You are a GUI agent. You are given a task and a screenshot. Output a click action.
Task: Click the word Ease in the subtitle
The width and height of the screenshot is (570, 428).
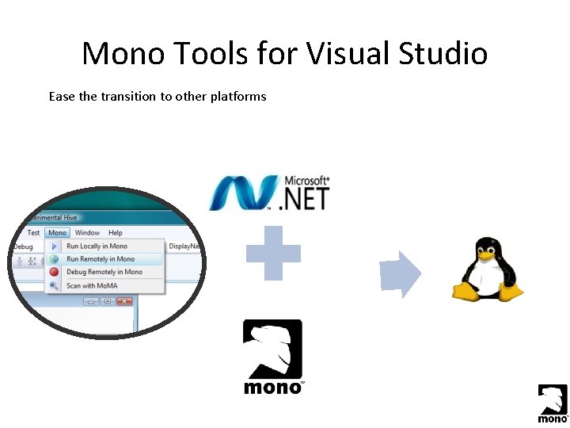(x=62, y=97)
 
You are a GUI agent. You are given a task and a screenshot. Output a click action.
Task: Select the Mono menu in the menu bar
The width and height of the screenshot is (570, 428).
(x=57, y=233)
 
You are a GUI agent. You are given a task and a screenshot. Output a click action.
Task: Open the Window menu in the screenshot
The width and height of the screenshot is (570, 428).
(x=87, y=233)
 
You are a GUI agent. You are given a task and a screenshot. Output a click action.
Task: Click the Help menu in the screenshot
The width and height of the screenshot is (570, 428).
(x=116, y=233)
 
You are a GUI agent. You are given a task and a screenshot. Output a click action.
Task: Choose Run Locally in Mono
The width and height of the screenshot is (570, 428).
(x=97, y=246)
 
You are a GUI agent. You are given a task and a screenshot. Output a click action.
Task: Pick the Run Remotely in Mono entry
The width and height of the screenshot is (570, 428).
(x=101, y=259)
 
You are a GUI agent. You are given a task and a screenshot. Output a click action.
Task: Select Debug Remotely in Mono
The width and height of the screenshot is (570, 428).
(x=104, y=272)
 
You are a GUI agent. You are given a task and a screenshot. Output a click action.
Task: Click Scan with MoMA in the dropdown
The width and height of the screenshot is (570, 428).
(x=92, y=285)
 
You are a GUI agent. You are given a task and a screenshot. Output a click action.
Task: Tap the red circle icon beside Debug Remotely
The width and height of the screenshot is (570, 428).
(x=54, y=272)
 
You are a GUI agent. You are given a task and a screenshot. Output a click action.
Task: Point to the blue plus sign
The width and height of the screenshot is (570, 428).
(x=273, y=254)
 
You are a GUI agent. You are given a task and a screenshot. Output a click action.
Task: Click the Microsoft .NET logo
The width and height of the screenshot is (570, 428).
(x=269, y=193)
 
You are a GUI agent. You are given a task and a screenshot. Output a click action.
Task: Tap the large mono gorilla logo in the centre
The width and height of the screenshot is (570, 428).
(x=273, y=355)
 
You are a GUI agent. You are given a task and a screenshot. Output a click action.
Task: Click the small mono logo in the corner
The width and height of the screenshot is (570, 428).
(x=553, y=403)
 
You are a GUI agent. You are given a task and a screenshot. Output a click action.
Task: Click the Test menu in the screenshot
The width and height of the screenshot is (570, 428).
(x=33, y=233)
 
